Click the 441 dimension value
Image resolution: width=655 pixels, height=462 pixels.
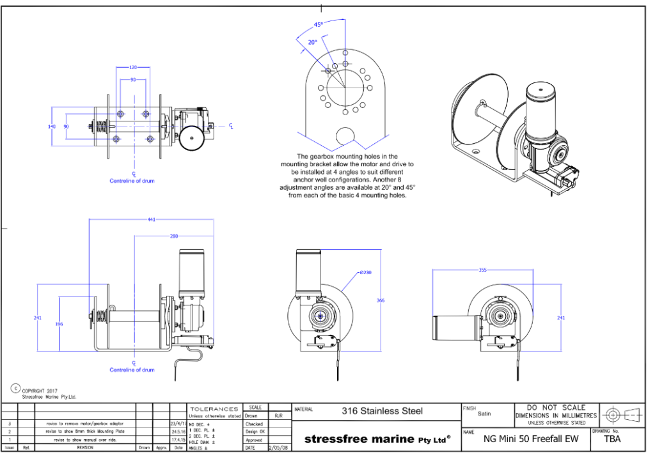(x=152, y=220)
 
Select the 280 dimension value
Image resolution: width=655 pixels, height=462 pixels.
(x=173, y=236)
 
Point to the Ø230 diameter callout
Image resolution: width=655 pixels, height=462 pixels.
(x=365, y=272)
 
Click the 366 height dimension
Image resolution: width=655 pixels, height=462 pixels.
(x=380, y=300)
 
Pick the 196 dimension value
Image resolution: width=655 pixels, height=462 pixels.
(x=59, y=324)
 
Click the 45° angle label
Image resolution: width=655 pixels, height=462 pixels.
(x=319, y=25)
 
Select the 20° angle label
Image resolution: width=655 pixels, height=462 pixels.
(x=313, y=42)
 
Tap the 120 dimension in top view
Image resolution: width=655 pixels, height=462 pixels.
(x=133, y=67)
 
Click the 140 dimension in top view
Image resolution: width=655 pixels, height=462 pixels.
(x=52, y=127)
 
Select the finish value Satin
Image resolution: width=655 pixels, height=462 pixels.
(x=484, y=413)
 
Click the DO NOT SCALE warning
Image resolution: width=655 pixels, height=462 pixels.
(x=555, y=407)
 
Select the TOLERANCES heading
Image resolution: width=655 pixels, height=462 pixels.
(x=214, y=408)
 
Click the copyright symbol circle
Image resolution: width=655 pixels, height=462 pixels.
(x=15, y=388)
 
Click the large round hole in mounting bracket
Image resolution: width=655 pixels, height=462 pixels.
(x=345, y=135)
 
